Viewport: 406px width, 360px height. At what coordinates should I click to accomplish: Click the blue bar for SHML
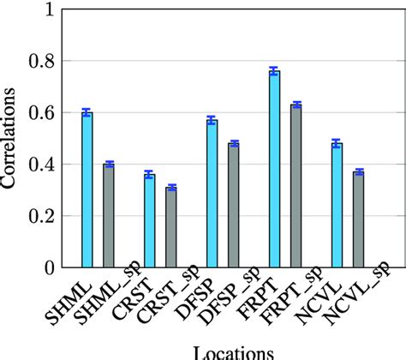tap(87, 189)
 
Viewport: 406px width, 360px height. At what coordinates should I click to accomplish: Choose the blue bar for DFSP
tap(212, 194)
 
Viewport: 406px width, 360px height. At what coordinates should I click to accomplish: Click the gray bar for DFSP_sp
tap(233, 205)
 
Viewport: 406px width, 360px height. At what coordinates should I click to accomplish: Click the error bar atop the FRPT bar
tap(274, 72)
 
